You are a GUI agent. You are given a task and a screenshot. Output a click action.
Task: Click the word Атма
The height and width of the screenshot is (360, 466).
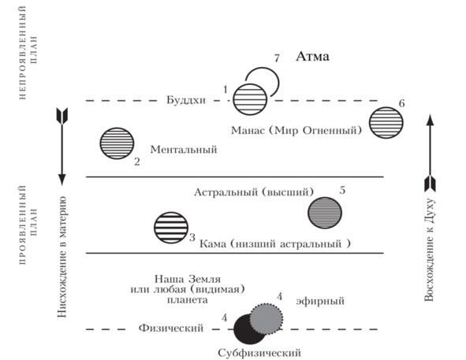click(312, 57)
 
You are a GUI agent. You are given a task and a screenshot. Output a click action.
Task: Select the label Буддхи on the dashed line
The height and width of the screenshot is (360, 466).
click(186, 100)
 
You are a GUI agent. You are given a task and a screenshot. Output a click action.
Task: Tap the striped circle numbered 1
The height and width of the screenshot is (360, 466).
click(250, 99)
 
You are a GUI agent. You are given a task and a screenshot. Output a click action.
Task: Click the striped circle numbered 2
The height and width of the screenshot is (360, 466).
click(117, 143)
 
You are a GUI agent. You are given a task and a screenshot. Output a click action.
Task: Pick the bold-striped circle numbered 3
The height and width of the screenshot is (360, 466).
click(171, 228)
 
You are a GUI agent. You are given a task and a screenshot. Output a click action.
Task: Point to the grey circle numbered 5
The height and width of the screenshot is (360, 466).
click(325, 213)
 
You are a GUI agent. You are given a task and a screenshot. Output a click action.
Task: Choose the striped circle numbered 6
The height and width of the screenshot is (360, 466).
click(386, 123)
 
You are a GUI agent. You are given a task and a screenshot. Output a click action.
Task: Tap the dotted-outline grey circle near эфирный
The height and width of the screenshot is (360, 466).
click(266, 319)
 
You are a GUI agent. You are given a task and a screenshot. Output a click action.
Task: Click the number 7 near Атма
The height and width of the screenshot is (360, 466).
click(277, 58)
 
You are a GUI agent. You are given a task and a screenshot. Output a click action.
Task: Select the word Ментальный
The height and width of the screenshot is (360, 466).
click(184, 150)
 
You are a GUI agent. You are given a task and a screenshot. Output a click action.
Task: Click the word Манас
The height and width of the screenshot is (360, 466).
click(248, 131)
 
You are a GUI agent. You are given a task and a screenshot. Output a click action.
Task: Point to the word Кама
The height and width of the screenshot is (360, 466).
click(212, 244)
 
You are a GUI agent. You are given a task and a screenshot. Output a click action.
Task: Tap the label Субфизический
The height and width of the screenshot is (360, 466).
click(259, 353)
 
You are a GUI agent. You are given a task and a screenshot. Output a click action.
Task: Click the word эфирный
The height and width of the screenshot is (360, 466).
click(320, 301)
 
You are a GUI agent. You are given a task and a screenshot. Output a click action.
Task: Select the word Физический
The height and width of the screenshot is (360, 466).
click(171, 328)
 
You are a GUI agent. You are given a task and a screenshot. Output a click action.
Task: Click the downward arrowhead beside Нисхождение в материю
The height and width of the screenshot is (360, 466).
click(62, 180)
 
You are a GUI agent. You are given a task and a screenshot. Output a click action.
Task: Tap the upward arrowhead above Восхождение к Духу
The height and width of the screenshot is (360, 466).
click(430, 120)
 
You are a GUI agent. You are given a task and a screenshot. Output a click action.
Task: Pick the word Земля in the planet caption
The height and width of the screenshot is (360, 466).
click(204, 279)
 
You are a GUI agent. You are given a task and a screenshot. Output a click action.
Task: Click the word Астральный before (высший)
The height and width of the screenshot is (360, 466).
click(226, 192)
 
